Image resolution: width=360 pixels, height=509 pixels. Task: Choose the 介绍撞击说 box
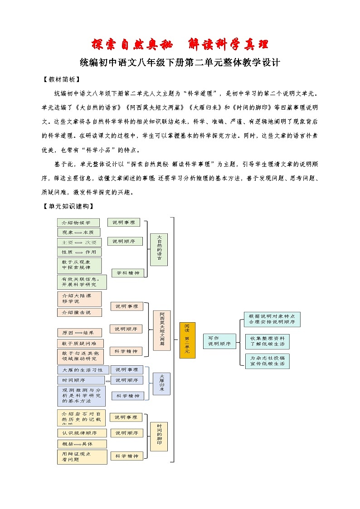click(79, 312)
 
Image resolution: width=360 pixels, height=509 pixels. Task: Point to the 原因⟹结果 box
click(79, 333)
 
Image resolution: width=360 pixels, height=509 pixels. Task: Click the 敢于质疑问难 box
click(80, 343)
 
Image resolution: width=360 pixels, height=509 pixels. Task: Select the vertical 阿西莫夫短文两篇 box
click(162, 330)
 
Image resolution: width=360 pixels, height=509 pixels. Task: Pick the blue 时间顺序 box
click(80, 380)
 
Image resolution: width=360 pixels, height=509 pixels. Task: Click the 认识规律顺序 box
click(82, 433)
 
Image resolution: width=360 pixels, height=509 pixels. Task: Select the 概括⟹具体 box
click(82, 444)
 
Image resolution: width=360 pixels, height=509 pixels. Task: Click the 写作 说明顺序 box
click(219, 341)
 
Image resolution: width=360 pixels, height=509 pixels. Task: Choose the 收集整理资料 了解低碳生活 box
click(267, 341)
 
